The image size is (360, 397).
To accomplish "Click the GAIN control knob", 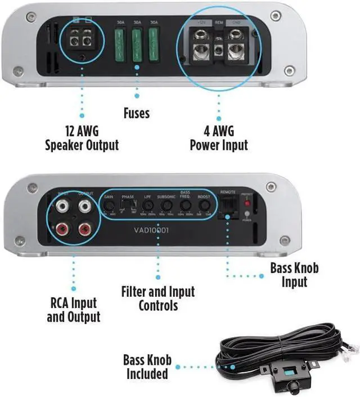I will coord(109,207).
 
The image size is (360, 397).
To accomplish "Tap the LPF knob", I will coord(147,207).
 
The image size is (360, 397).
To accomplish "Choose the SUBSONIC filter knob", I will coord(166,207).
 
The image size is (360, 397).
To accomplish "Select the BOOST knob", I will coord(204,207).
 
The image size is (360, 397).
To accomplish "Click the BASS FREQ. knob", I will coord(185,207).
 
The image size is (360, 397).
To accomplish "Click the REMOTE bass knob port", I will coord(228,209).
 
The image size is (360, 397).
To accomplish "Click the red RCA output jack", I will coord(85,228).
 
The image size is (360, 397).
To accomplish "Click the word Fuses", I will coord(137,113).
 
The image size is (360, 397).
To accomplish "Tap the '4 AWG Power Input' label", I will coord(219,139).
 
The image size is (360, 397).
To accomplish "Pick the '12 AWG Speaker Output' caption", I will coord(82,139).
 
